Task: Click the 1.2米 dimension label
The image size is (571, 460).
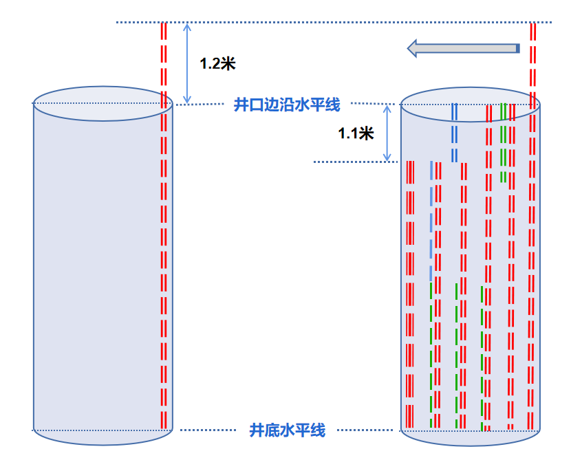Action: pyautogui.click(x=217, y=64)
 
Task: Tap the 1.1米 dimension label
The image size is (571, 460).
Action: pyautogui.click(x=356, y=133)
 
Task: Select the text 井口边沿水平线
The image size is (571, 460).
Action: pyautogui.click(x=287, y=105)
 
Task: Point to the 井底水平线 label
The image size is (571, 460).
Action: pyautogui.click(x=287, y=431)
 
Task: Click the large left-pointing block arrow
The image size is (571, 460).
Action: pyautogui.click(x=463, y=47)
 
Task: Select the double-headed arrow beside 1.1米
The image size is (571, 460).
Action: pyautogui.click(x=387, y=133)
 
